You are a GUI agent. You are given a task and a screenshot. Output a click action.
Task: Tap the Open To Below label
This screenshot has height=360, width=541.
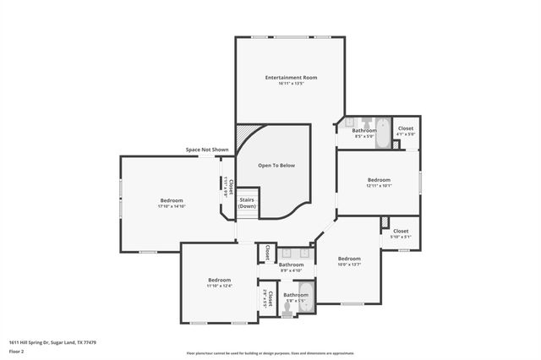(276, 165)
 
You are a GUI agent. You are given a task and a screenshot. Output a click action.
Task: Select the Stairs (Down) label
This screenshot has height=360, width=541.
(247, 203)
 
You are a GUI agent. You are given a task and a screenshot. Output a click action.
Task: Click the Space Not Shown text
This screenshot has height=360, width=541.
(207, 150)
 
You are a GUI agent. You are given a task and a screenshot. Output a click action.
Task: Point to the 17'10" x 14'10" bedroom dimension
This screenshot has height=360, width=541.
(171, 206)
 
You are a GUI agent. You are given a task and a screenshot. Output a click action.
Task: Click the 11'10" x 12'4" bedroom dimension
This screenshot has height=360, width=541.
(220, 286)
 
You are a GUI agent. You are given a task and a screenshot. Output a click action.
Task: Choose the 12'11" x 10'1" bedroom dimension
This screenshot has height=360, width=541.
(379, 185)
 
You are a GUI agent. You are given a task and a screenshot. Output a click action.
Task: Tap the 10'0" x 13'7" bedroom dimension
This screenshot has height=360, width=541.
(349, 265)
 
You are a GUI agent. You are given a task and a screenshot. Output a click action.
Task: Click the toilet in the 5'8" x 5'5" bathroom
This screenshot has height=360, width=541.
(287, 310)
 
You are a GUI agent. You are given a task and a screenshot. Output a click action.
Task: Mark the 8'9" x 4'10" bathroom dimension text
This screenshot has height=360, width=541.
(291, 270)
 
